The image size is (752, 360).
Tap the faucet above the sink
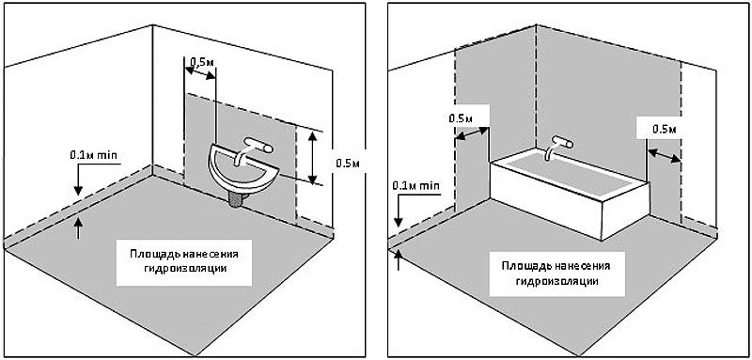(x=253, y=149)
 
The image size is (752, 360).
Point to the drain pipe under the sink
(x=236, y=199)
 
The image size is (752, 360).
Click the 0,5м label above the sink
(x=201, y=62)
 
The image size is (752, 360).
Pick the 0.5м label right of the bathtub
(x=665, y=130)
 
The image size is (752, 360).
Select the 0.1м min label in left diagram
(x=93, y=155)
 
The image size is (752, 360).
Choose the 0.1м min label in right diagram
(x=415, y=185)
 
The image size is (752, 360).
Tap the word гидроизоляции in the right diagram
(x=557, y=281)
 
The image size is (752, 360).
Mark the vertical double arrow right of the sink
(x=312, y=158)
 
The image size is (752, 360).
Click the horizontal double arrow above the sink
(x=200, y=73)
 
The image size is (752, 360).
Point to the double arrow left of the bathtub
(x=472, y=133)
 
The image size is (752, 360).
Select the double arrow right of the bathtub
(x=665, y=155)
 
